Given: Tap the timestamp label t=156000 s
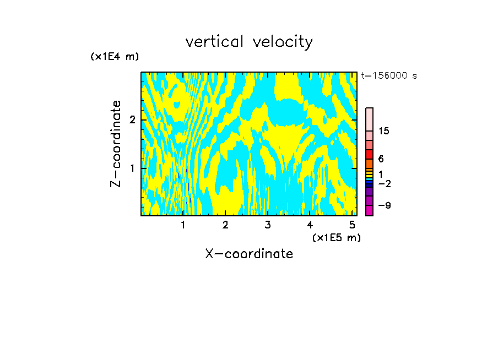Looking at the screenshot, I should coord(389,76).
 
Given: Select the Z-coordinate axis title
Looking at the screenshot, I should coord(116,144).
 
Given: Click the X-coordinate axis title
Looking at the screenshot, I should coord(249,254).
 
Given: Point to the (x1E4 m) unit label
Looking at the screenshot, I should coord(115,57).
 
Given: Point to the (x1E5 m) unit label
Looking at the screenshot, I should coord(336,237).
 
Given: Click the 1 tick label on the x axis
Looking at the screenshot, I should coord(183,225).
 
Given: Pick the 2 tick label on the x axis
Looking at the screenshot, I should coord(225,225).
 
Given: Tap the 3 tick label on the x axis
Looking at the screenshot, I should coord(267,225).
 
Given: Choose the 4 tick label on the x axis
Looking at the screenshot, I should coord(310,225).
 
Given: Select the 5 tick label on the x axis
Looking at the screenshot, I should coord(352,225).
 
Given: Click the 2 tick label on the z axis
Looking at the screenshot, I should coord(132,120).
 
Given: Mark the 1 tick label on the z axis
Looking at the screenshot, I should coord(132,168).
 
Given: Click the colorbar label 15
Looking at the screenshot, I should coord(385,131).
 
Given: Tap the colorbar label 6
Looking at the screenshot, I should coord(381,159).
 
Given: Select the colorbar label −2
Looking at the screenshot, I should coord(385,183).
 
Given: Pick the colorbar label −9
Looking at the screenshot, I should coord(385,205).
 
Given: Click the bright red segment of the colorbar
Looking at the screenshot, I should coord(369,154).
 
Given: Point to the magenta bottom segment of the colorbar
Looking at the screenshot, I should coord(369,210).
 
